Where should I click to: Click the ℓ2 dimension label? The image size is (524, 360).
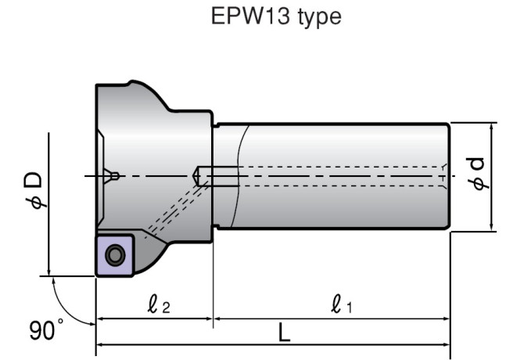155,304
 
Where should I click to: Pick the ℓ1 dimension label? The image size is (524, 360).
342,304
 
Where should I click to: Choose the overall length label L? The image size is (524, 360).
284,333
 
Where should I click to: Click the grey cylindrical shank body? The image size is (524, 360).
328,176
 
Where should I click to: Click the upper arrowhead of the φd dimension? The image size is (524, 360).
492,128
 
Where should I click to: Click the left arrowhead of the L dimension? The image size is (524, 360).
100,344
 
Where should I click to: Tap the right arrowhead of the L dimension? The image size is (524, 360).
447,344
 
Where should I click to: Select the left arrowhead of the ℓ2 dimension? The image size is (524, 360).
100,319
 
